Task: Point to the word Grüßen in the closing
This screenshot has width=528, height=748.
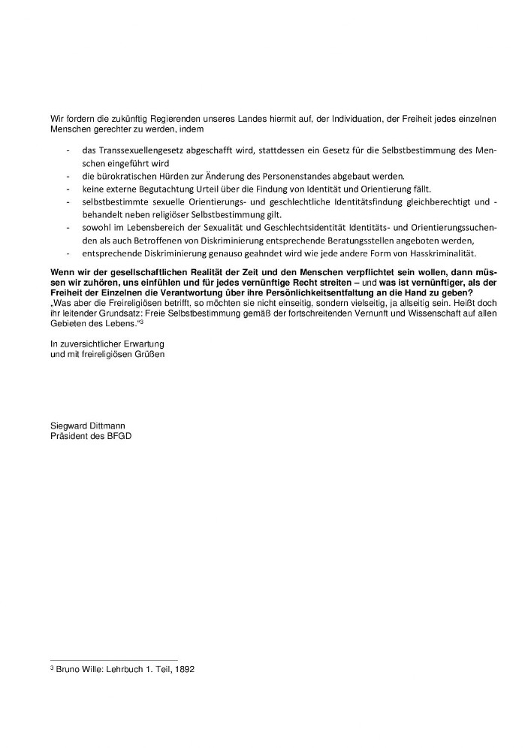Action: point(149,353)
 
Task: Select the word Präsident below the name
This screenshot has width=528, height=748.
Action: point(68,436)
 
